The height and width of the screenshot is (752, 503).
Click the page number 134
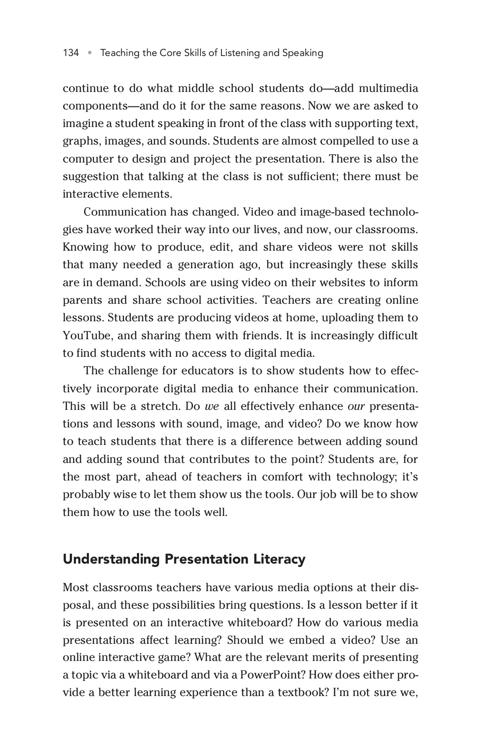[x=71, y=53]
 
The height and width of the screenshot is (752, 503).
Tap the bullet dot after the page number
[x=89, y=53]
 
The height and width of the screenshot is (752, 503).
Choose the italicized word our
[x=356, y=406]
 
